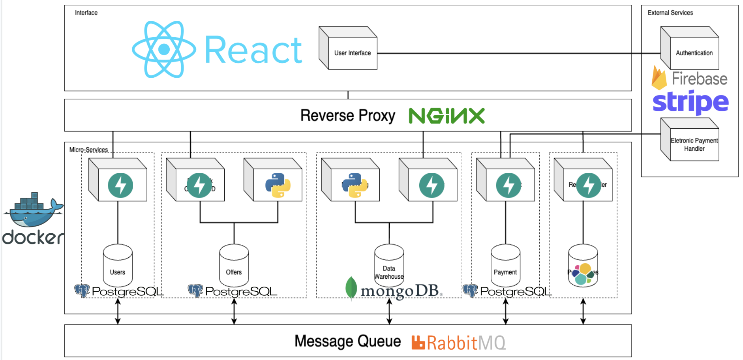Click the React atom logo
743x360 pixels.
(164, 50)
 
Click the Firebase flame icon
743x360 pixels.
(659, 78)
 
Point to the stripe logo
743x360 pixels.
(690, 102)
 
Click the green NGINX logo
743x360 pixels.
(447, 116)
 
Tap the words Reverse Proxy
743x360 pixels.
(347, 116)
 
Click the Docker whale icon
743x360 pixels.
(34, 210)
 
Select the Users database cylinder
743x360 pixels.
(118, 265)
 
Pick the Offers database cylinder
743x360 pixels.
(234, 265)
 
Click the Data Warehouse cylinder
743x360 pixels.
(389, 265)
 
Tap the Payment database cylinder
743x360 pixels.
(505, 265)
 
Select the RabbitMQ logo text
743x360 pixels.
(465, 343)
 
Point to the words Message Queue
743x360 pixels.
(347, 341)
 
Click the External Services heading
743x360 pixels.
(670, 13)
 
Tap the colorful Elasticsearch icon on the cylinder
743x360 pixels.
(583, 274)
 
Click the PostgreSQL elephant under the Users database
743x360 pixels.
(82, 291)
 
